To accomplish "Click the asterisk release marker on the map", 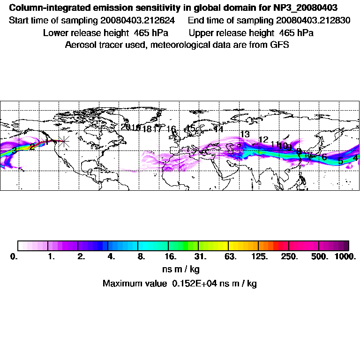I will coord(64,141).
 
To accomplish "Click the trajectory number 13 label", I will coord(245,135).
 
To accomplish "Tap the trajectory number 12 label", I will coord(263,140).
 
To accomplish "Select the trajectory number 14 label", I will coord(218,129).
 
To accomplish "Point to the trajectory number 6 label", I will coord(324,157).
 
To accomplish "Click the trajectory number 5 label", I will coord(341,161).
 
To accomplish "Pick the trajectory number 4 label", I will coord(355,158).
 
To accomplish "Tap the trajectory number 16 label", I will coord(171,129).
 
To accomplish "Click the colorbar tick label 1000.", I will coord(345,257).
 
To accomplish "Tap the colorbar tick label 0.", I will coord(14,257).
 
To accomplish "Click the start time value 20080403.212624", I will coord(140,21).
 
